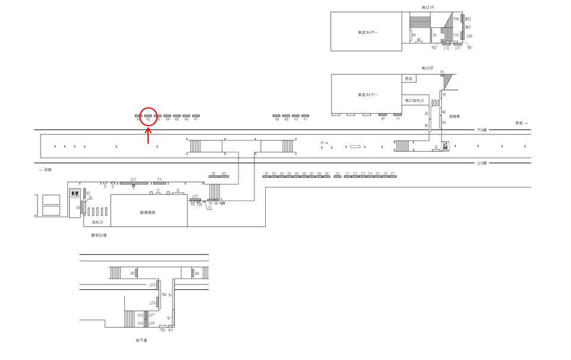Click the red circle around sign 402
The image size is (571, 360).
click(x=148, y=116)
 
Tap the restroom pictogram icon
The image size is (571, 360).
click(x=75, y=193)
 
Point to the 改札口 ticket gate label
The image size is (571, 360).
click(x=98, y=222)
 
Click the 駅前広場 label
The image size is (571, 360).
click(x=99, y=235)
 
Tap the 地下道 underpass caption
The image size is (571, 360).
click(x=142, y=340)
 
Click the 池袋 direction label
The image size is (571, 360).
click(x=45, y=170)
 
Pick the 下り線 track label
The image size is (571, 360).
click(x=482, y=130)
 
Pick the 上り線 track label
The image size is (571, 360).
click(x=482, y=162)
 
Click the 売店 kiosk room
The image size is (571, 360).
click(x=409, y=79)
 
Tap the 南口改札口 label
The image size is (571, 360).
click(x=414, y=101)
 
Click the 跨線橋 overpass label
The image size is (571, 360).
click(x=455, y=116)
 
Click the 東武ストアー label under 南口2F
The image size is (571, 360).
click(x=368, y=95)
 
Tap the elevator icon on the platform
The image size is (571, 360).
click(x=445, y=146)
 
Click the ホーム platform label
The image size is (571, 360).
click(x=324, y=143)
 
